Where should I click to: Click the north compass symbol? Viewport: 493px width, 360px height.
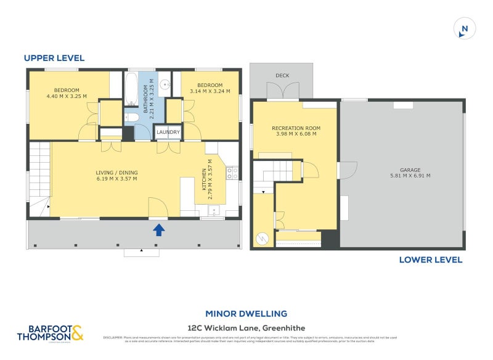(x=465, y=28)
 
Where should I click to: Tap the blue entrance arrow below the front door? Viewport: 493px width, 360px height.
(x=158, y=230)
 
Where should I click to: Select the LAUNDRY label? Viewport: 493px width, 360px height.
(x=168, y=132)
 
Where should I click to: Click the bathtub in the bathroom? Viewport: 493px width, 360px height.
(x=131, y=90)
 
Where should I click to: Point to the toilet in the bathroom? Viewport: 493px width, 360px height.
(x=131, y=117)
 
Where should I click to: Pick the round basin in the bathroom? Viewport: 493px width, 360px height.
(x=165, y=85)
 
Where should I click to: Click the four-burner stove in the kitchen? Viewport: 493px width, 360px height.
(x=232, y=173)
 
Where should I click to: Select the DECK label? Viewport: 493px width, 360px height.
(x=282, y=76)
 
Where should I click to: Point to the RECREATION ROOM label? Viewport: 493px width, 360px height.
(x=296, y=128)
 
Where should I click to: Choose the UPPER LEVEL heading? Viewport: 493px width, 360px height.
(x=54, y=58)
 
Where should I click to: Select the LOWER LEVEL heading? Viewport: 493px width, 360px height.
(x=431, y=260)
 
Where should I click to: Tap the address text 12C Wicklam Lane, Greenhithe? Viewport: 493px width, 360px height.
(x=246, y=327)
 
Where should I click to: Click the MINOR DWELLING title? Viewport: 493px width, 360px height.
(x=246, y=314)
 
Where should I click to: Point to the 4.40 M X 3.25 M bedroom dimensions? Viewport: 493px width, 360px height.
(x=67, y=96)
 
